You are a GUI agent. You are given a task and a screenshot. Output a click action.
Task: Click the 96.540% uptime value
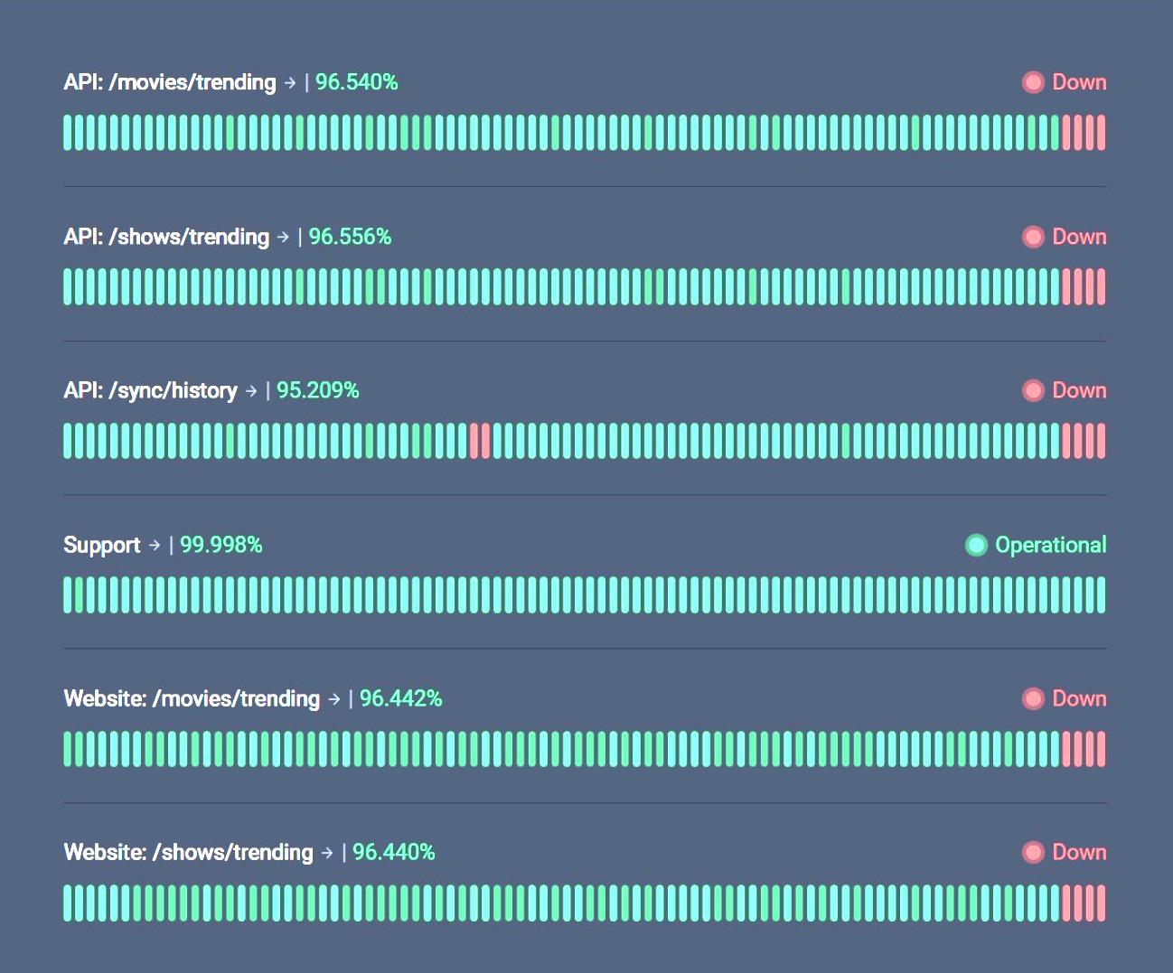[x=356, y=82]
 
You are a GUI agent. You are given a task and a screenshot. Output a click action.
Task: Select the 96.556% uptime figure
[x=350, y=237]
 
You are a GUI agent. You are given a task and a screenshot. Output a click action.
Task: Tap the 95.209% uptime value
[x=317, y=390]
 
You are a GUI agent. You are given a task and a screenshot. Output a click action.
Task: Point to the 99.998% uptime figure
[x=221, y=545]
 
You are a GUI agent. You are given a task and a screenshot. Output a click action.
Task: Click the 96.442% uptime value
[x=400, y=698]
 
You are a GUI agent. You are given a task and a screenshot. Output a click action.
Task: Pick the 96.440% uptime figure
[x=393, y=852]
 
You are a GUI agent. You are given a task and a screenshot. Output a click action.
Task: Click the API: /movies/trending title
[x=170, y=82]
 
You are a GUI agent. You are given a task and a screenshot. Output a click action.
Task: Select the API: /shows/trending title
[x=166, y=237]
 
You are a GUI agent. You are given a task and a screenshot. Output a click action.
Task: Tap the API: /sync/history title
[x=150, y=390]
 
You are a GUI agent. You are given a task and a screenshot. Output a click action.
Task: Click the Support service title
[x=102, y=545]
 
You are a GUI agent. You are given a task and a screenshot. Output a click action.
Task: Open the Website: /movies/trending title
[x=192, y=698]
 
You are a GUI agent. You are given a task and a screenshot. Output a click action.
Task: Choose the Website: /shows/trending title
[x=188, y=852]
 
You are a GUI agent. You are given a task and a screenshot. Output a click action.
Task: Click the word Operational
[x=1050, y=545]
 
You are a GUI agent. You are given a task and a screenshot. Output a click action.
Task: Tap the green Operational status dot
[x=976, y=545]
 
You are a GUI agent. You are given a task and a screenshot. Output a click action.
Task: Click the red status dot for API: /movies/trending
[x=1033, y=82]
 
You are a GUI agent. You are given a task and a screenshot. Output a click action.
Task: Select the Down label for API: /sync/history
[x=1079, y=390]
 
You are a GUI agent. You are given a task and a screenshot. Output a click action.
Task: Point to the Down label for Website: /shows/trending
[x=1079, y=852]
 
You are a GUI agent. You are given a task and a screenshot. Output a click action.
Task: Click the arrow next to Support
[x=155, y=545]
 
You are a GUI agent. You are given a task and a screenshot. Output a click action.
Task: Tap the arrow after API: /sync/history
[x=251, y=391]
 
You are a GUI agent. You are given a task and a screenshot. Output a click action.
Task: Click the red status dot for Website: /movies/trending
[x=1033, y=698]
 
